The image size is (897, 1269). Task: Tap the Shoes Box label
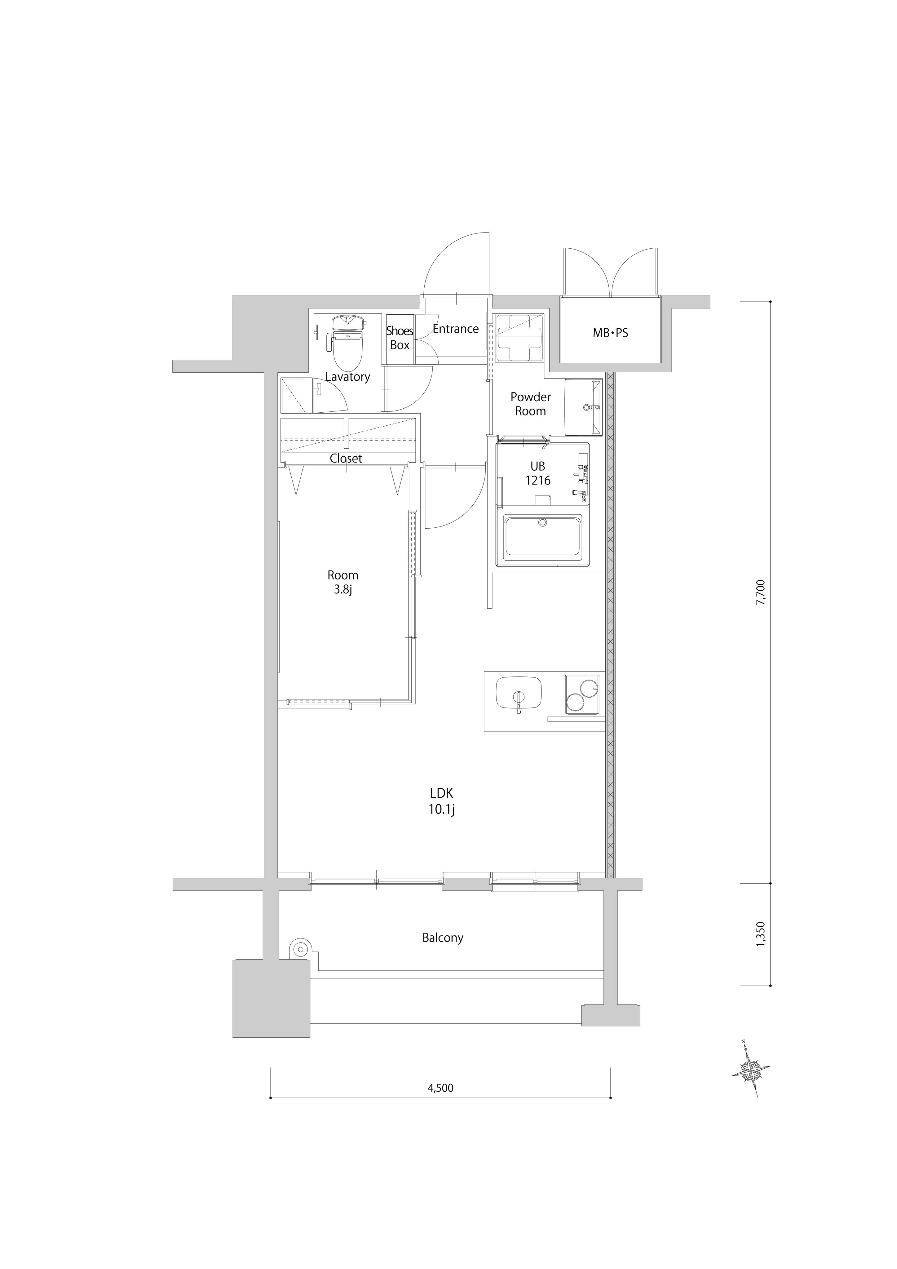click(x=400, y=338)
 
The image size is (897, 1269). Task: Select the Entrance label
click(x=455, y=329)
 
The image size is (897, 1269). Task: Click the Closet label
click(x=346, y=458)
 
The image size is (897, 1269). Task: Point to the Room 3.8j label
click(x=343, y=582)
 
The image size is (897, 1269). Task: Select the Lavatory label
click(x=348, y=377)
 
